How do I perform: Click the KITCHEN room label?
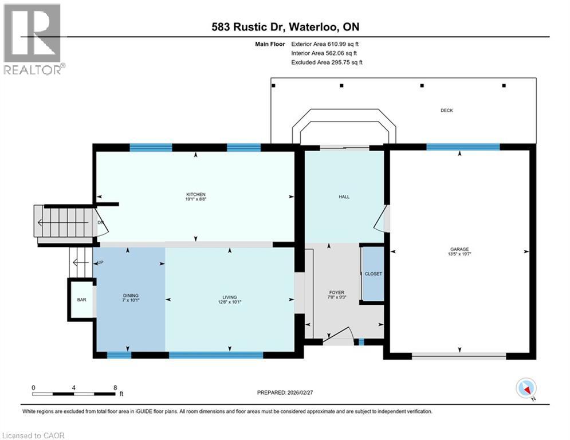(x=195, y=194)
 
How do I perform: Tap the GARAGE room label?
(x=459, y=249)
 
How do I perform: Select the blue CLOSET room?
(x=373, y=274)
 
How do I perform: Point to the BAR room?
(x=81, y=299)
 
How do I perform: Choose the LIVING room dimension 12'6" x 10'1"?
(x=230, y=302)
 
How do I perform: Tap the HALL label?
(x=344, y=197)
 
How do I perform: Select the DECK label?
(x=446, y=110)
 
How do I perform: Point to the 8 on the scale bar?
(x=115, y=388)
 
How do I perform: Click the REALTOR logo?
(x=33, y=39)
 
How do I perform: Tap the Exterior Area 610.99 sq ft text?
(x=325, y=44)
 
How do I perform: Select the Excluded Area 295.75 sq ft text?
(x=327, y=62)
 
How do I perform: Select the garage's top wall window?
(x=462, y=147)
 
